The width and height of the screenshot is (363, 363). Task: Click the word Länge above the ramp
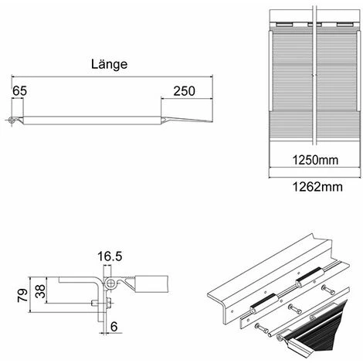[x=108, y=66]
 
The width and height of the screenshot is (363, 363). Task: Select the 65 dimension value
[x=19, y=91]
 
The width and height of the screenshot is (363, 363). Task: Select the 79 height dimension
[x=21, y=293]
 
